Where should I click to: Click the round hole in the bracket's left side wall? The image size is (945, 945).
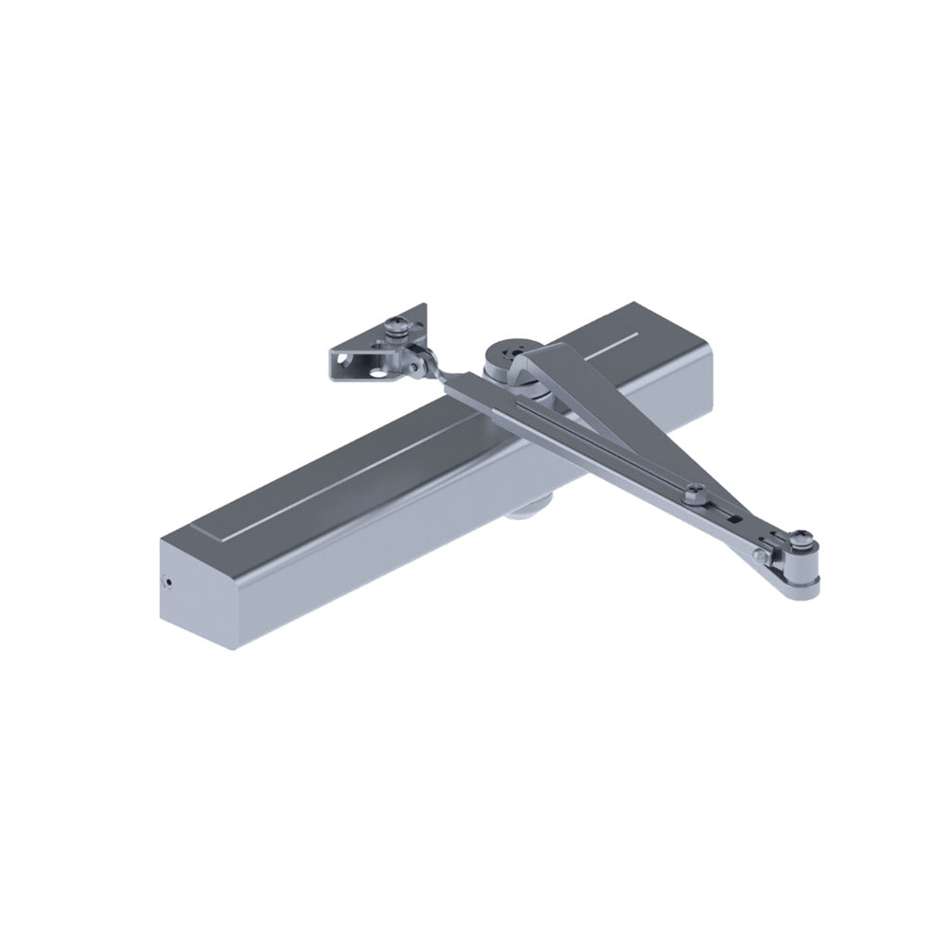coord(338,361)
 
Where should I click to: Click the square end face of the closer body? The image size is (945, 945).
coord(194,591)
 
